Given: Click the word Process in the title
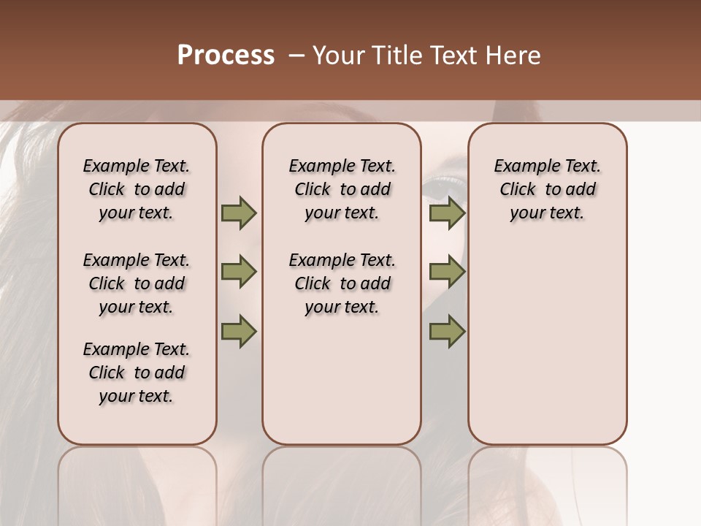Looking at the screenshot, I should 226,56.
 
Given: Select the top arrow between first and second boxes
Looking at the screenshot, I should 238,213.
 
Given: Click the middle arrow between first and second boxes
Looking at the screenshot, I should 238,272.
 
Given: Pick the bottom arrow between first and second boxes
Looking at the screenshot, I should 238,332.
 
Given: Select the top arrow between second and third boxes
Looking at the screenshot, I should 447,213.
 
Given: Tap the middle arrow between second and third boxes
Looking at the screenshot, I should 447,272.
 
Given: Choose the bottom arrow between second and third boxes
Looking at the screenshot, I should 447,332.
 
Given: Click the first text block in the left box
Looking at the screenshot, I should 137,189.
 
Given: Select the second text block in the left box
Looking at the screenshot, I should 137,283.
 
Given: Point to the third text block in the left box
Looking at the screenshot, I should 137,373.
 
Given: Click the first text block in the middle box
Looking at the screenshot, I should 342,189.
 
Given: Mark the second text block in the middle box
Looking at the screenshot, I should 342,283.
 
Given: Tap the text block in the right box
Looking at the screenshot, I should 548,189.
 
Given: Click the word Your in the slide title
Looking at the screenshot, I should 340,56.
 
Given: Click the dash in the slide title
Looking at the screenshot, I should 296,56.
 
